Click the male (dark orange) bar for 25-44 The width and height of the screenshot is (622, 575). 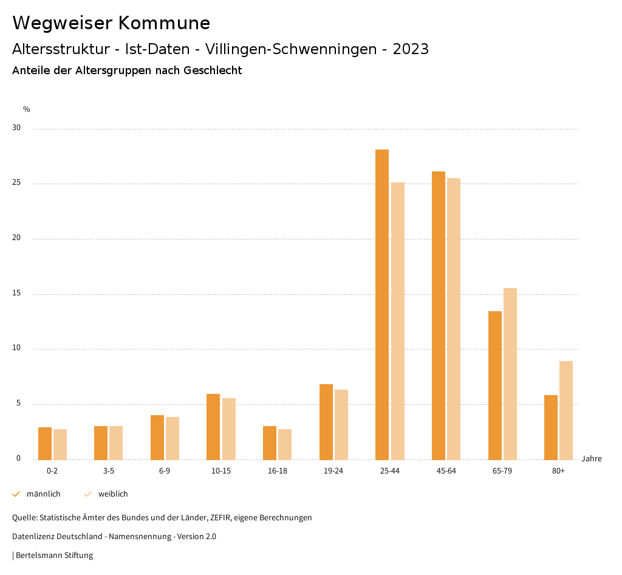[x=382, y=304]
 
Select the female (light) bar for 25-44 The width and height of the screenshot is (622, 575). [x=398, y=321]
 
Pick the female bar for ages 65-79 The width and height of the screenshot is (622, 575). [x=510, y=374]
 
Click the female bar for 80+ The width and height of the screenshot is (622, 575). [x=566, y=410]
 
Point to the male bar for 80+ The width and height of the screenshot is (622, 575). [x=551, y=427]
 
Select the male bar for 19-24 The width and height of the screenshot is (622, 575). [x=326, y=422]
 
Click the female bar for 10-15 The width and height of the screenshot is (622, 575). [x=229, y=429]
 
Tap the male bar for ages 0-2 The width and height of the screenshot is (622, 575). [x=45, y=443]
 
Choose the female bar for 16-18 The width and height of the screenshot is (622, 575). [x=285, y=444]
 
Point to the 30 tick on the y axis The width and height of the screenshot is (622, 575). [x=16, y=128]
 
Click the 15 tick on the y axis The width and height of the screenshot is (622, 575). [x=16, y=294]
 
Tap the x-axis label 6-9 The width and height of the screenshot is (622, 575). [x=165, y=471]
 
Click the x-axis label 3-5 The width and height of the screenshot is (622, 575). [x=108, y=471]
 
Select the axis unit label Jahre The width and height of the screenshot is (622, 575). [x=591, y=459]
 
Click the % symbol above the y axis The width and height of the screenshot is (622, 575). [x=27, y=109]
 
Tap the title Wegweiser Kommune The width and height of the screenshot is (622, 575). [x=111, y=22]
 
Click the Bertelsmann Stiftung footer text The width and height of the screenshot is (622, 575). [x=53, y=555]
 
